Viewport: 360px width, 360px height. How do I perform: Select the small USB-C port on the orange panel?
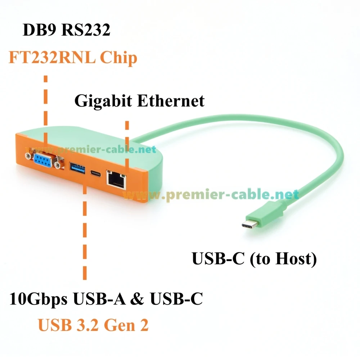95,174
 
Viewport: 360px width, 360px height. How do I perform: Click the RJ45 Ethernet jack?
116,180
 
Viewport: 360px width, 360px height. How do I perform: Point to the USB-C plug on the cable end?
250,225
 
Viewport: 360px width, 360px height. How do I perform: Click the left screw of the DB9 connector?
28,156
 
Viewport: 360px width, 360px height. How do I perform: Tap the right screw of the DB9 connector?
57,165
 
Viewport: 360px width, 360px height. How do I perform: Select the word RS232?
86,30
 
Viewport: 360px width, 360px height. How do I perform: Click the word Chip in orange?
118,58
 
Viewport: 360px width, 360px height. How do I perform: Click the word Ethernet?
171,101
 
